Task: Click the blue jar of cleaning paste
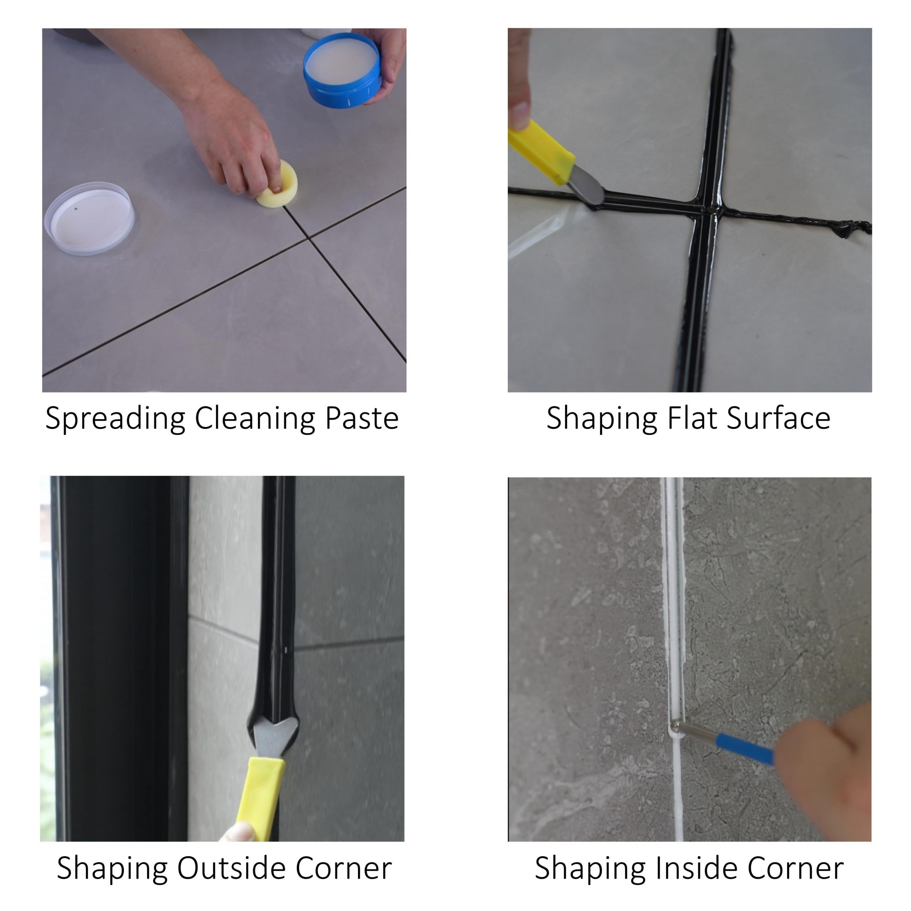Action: (x=343, y=71)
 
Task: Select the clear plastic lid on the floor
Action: (x=90, y=218)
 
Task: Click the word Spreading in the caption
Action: (x=116, y=419)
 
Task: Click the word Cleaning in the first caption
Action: (x=255, y=419)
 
